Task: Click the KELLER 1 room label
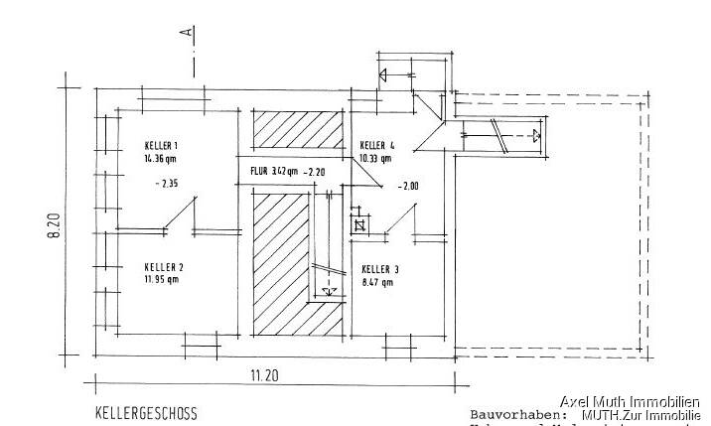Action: pos(161,146)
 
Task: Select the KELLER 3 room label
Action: pos(380,269)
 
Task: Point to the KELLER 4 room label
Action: pos(378,145)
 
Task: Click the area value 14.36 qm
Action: pos(161,158)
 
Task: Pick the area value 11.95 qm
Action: pos(160,279)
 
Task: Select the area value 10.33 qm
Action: pos(375,157)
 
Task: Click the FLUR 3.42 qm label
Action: pos(270,172)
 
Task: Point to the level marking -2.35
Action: pos(169,184)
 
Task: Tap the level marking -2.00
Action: pos(407,186)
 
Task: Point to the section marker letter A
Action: pos(186,34)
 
